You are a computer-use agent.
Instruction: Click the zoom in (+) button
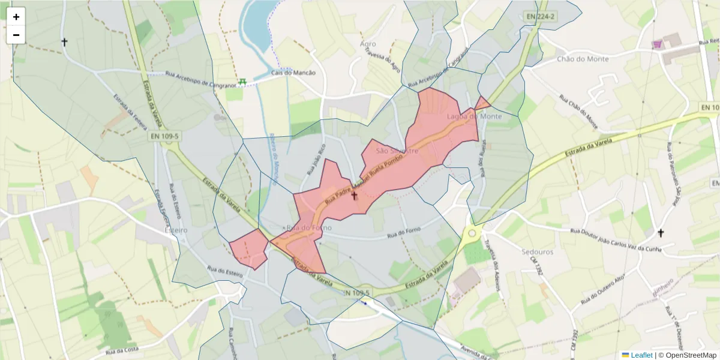[16, 17]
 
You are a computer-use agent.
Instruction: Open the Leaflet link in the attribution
[641, 355]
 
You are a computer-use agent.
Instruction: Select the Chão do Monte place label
[583, 59]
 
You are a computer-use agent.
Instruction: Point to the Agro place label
[368, 44]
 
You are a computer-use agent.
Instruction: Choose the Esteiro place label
[176, 230]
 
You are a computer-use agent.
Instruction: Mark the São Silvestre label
[397, 151]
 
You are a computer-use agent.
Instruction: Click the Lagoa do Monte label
[474, 116]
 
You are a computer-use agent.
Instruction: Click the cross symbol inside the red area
[354, 196]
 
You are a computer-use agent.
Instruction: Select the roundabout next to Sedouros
[472, 233]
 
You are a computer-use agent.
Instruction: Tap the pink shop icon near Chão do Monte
[658, 44]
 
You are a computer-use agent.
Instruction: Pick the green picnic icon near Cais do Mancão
[242, 82]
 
